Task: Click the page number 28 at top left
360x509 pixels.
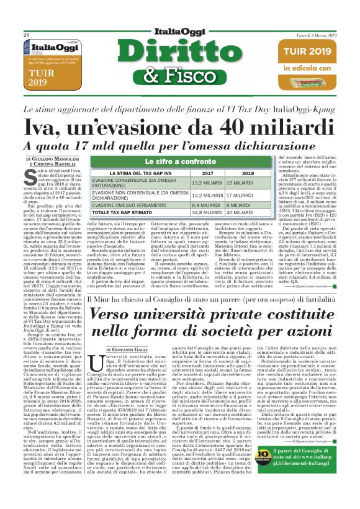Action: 27,35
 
